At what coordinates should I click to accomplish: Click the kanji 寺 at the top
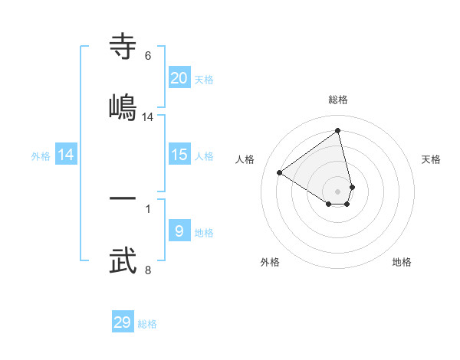click(123, 46)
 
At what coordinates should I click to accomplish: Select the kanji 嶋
click(123, 107)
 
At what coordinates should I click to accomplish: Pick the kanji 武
click(123, 260)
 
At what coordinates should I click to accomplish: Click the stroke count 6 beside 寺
click(147, 55)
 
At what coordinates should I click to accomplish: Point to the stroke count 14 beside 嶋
click(147, 117)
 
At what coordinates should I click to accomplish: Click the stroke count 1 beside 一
click(147, 208)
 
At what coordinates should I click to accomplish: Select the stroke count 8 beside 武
click(147, 270)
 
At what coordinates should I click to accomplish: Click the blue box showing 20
click(179, 78)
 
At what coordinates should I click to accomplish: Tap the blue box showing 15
click(179, 155)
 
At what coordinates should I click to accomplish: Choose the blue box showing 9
click(179, 231)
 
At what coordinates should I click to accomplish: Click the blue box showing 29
click(123, 322)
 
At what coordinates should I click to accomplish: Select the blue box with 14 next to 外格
click(66, 155)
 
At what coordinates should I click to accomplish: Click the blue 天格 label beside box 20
click(204, 80)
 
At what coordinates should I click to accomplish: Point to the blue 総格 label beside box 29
click(147, 324)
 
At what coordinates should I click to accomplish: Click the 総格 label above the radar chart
click(338, 100)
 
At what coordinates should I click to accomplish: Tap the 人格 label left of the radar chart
click(245, 159)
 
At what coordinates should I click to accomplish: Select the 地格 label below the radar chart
click(402, 262)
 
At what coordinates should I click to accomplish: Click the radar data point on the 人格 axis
click(280, 172)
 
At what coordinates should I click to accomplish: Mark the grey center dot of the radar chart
click(338, 191)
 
